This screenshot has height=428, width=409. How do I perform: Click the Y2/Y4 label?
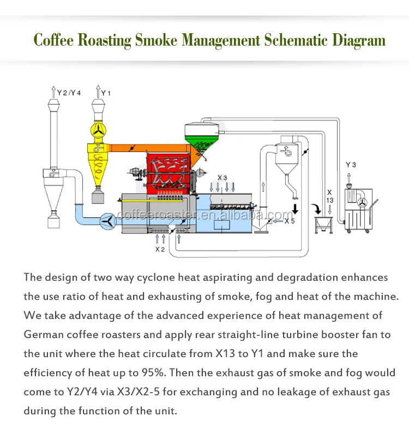tap(69, 93)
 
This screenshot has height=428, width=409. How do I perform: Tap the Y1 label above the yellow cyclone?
tap(106, 93)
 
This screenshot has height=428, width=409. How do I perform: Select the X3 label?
tap(222, 178)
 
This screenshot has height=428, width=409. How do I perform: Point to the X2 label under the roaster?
tap(159, 249)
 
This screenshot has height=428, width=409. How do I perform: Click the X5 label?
tap(289, 221)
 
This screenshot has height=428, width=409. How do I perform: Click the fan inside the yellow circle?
tap(98, 129)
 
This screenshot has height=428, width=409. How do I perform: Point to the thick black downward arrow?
tap(296, 209)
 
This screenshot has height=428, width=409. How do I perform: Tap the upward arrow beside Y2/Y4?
tap(53, 91)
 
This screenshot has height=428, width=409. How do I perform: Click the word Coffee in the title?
tap(55, 40)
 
